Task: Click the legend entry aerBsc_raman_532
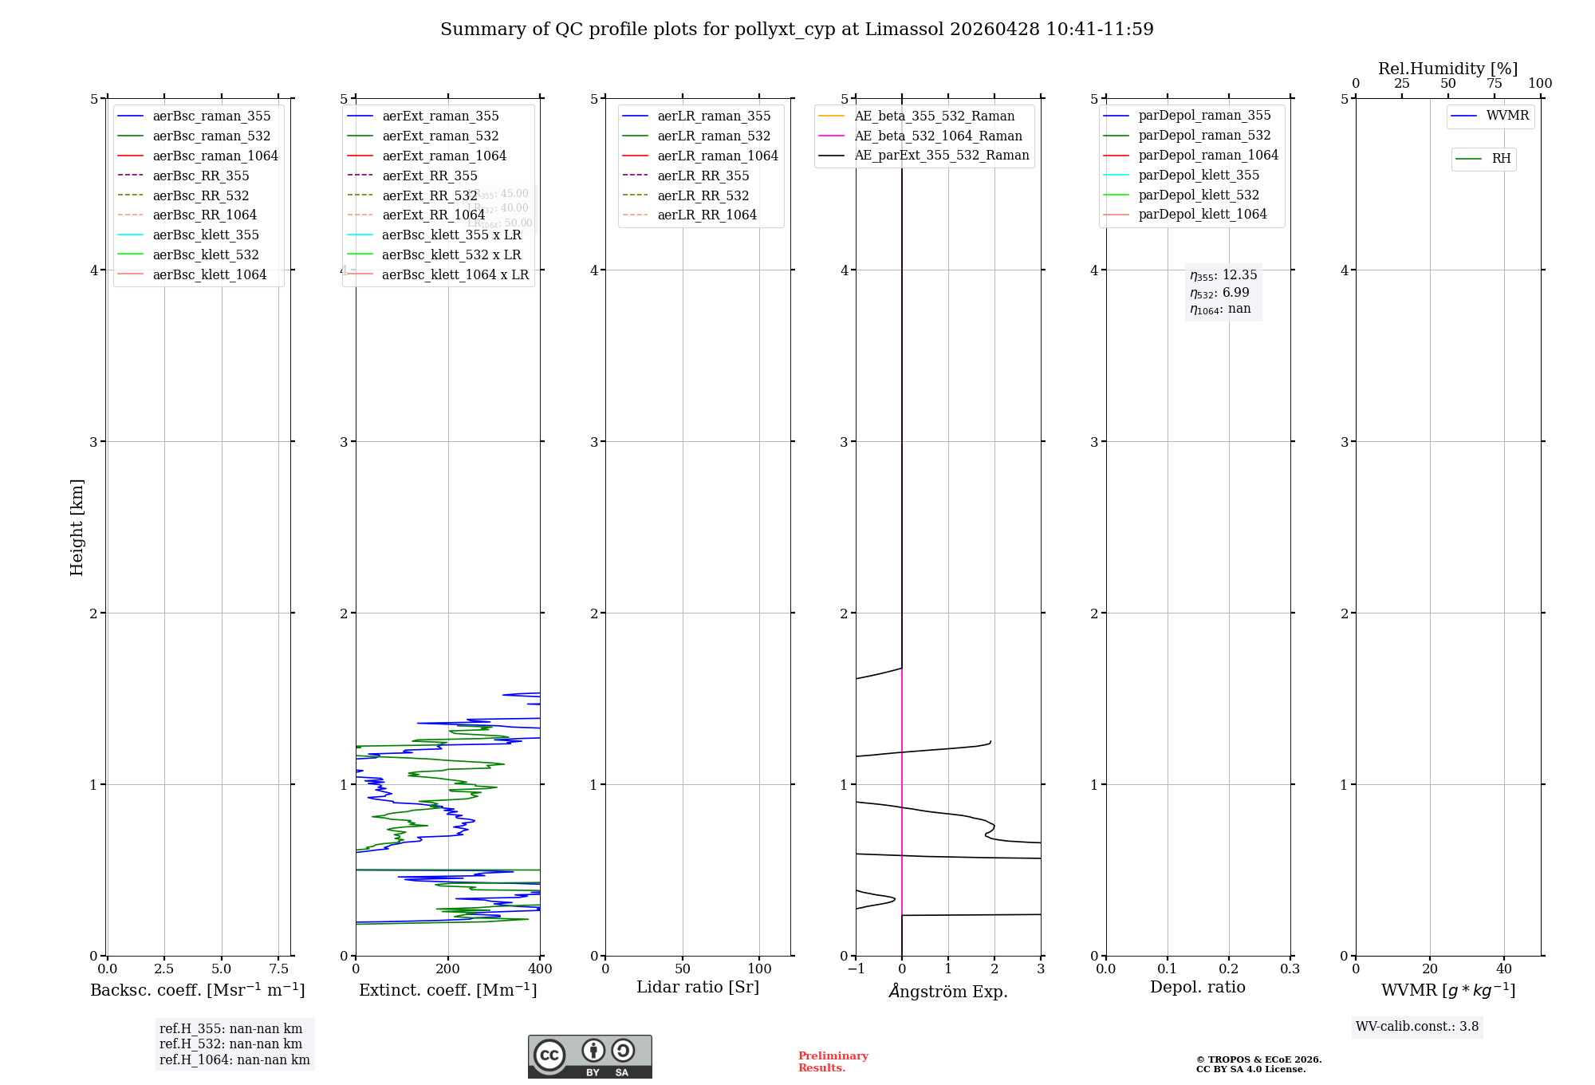pos(211,136)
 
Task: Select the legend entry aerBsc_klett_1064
pos(210,274)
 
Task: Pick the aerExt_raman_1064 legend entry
pos(444,156)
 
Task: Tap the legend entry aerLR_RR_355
pos(703,176)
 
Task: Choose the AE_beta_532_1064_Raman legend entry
pos(938,136)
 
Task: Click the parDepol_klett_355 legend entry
pos(1199,175)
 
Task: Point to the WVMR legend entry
pos(1507,116)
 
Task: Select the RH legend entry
pos(1501,159)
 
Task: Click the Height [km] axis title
pos(77,527)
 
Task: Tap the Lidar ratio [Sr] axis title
pos(698,987)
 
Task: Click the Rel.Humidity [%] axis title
pos(1447,69)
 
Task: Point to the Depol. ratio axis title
pos(1197,987)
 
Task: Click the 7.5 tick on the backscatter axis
pos(278,969)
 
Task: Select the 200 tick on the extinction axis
pos(447,969)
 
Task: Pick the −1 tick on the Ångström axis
pos(855,969)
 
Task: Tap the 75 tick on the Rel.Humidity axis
pos(1494,84)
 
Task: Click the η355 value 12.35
pos(1239,275)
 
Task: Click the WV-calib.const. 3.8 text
pos(1417,1027)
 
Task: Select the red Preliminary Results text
pos(833,1062)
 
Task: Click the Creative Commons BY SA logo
pos(589,1056)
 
